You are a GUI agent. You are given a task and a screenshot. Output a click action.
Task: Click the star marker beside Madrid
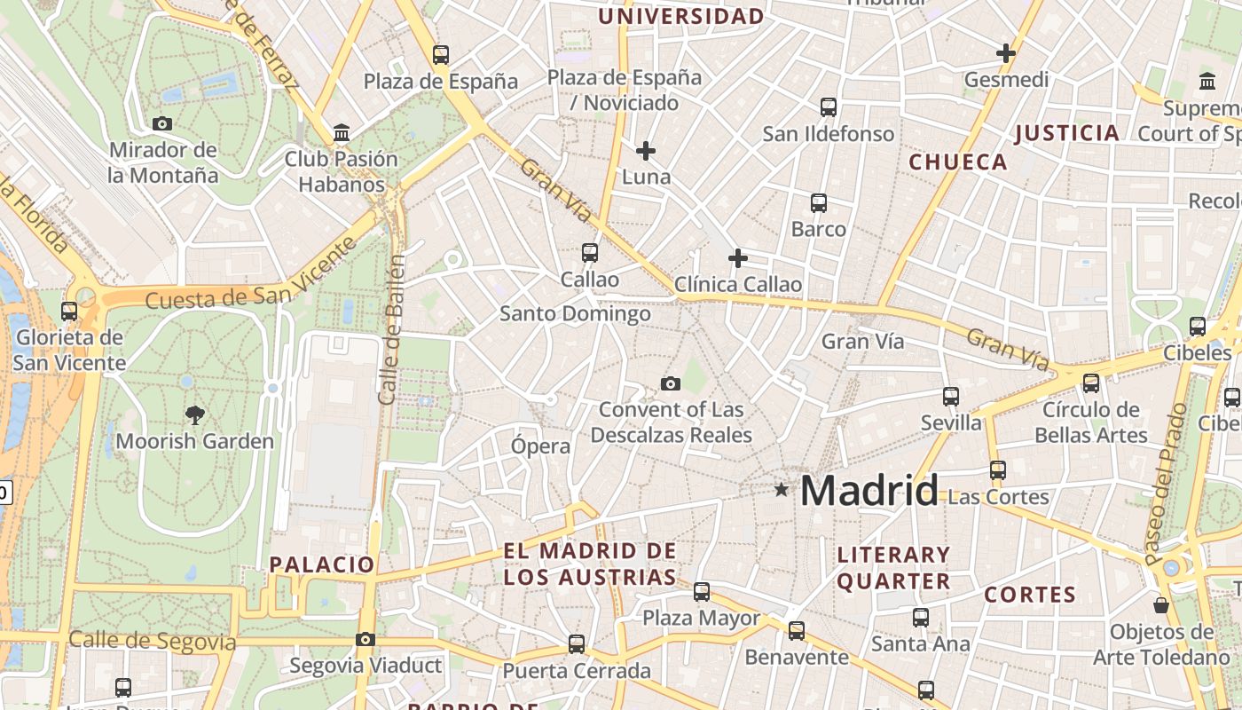click(781, 489)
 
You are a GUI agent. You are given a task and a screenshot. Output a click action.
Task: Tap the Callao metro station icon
click(590, 253)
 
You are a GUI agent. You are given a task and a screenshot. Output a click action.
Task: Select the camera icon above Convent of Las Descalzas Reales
click(671, 383)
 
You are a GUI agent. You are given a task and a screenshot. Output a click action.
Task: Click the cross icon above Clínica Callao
click(737, 258)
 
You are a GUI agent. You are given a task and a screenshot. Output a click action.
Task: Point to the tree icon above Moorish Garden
click(194, 414)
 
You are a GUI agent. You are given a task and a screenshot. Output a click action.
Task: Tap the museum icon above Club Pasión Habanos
click(342, 133)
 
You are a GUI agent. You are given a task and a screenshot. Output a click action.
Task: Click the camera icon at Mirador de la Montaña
click(162, 123)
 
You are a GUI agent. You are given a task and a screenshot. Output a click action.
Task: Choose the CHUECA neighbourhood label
click(958, 162)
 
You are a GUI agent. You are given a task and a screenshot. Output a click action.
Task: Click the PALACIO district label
click(322, 564)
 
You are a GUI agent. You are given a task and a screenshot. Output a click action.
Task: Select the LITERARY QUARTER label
click(893, 568)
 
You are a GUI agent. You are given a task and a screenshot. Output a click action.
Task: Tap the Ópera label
click(540, 446)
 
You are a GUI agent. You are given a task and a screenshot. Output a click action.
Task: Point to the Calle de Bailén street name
click(392, 330)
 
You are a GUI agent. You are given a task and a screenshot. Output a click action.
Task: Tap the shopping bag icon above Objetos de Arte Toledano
click(1161, 606)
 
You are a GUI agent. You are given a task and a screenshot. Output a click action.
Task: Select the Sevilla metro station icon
click(951, 396)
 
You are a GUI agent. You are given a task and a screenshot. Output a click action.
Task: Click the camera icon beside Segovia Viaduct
click(365, 639)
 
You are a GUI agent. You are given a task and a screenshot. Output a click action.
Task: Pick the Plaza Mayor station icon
click(702, 591)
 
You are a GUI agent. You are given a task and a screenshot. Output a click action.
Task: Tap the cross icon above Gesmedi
click(1005, 53)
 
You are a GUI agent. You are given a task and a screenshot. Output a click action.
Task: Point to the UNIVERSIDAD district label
click(680, 16)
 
